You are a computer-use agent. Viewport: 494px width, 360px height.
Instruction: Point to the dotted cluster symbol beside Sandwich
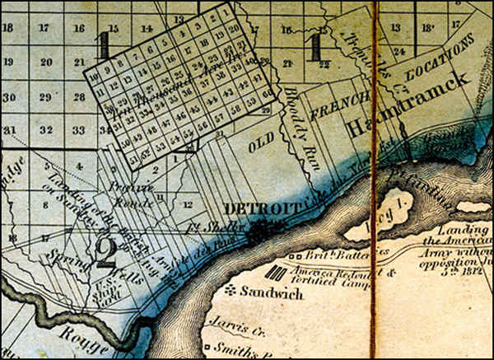(x=231, y=290)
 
